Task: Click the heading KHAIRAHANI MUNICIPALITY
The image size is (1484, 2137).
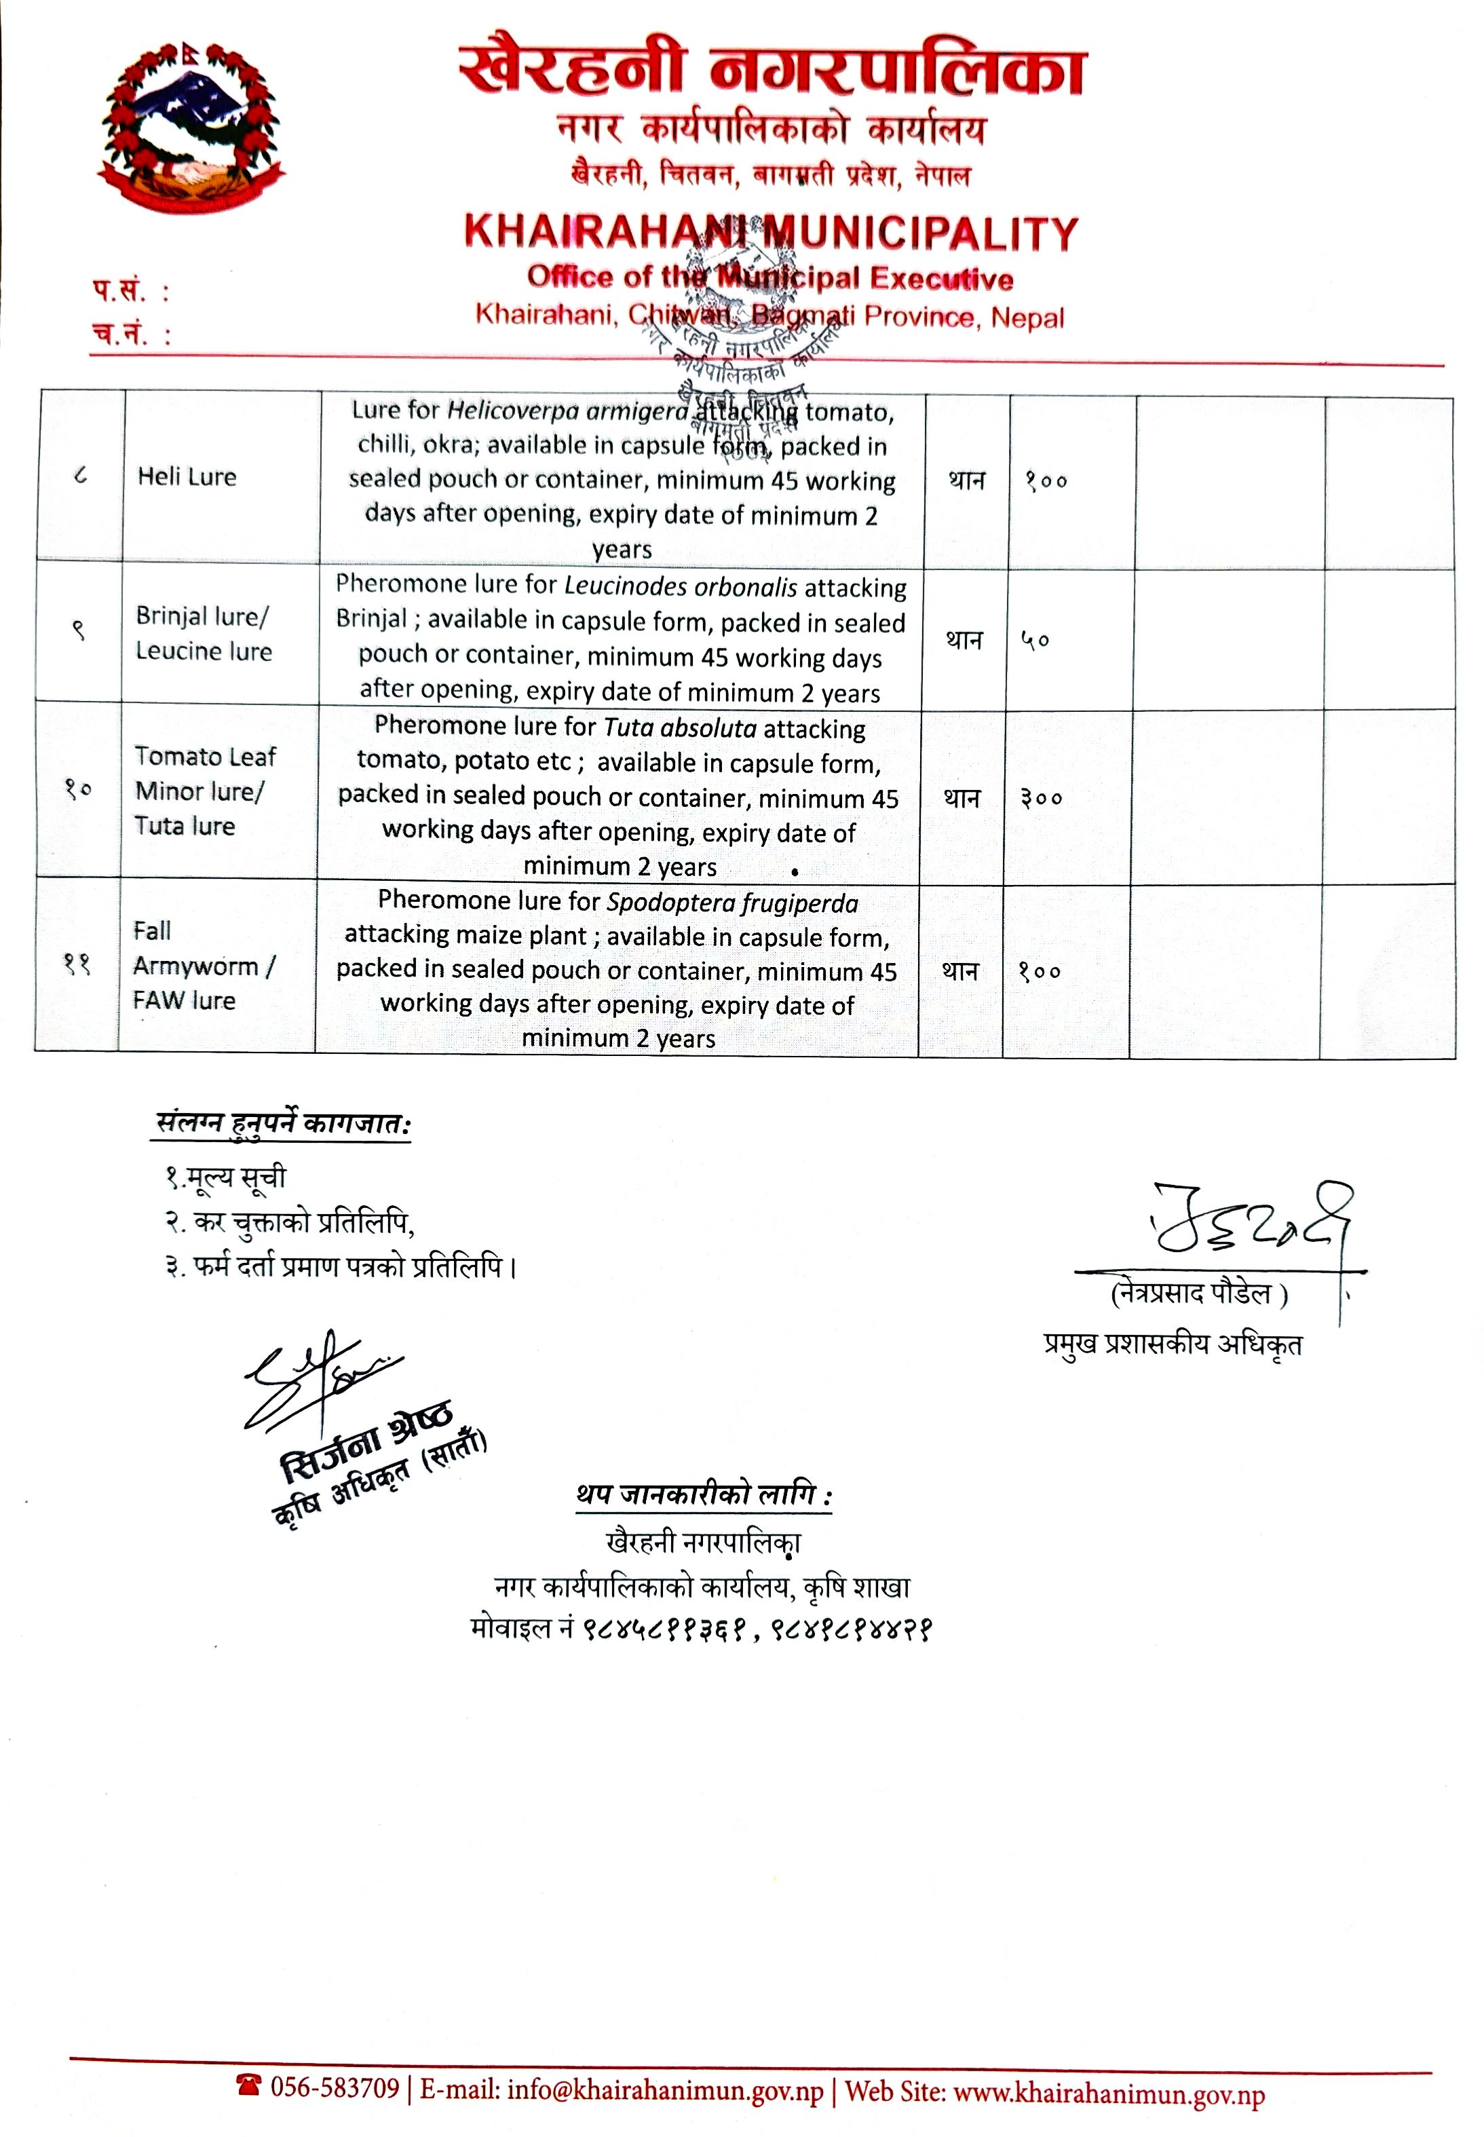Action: coord(771,233)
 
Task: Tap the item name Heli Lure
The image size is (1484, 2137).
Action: coord(187,477)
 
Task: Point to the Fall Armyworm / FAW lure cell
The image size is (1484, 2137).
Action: coord(204,965)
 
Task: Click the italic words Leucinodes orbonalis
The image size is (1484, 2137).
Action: coord(681,587)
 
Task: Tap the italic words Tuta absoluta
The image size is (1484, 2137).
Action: coord(680,727)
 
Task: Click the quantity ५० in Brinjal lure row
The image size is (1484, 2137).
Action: coord(1036,640)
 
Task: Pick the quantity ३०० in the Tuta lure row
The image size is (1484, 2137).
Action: coord(1042,798)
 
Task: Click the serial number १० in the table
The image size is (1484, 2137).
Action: coord(78,789)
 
